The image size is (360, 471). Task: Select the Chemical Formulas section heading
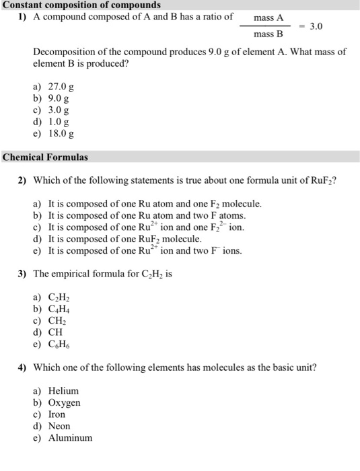(x=45, y=157)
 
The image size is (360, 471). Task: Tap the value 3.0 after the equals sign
(x=316, y=26)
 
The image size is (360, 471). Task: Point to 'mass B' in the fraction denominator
(x=269, y=34)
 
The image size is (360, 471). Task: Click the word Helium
(x=63, y=391)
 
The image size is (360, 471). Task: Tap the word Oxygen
(x=64, y=402)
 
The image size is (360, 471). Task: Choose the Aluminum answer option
(x=70, y=438)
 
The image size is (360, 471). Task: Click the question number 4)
(x=22, y=367)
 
